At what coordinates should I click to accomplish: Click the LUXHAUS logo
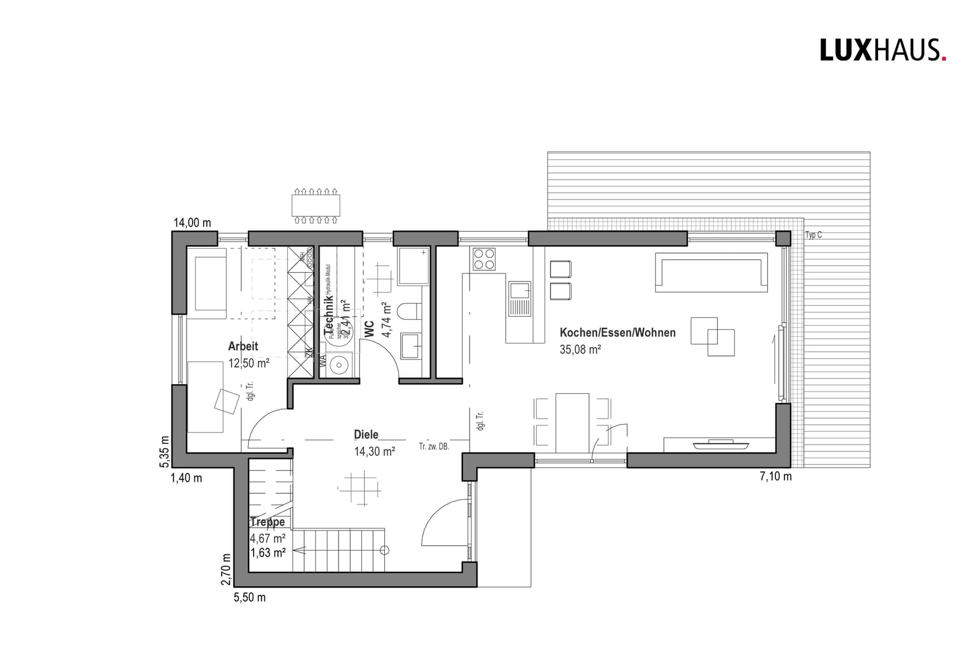882,50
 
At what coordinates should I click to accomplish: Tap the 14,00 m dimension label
192,223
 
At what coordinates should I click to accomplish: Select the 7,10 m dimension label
775,476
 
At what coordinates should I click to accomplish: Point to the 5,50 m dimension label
249,597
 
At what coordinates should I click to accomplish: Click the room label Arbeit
243,346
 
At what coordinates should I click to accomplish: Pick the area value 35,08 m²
580,350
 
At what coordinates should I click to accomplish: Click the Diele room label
366,434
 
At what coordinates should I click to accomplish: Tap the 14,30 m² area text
374,451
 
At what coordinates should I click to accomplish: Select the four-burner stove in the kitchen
484,259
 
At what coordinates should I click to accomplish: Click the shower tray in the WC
414,266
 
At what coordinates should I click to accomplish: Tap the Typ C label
813,235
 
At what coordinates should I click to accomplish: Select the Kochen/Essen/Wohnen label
617,333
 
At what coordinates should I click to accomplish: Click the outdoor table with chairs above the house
316,206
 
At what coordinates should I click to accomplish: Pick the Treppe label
267,522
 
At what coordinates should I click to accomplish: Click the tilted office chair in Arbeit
227,401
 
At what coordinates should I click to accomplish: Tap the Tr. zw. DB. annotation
433,447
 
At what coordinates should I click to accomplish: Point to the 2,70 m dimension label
226,569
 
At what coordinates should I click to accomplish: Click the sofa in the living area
711,272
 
